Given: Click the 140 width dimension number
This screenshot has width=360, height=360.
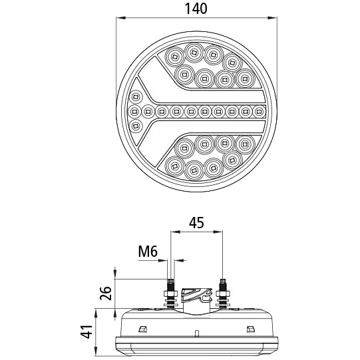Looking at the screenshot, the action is click(196, 9).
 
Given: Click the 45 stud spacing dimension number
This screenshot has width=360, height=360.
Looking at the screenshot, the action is click(196, 223).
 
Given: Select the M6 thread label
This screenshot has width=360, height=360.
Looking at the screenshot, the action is click(148, 251).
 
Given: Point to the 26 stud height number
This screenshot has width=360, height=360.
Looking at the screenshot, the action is click(106, 293).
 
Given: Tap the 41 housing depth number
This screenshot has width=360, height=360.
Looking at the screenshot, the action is click(87, 332).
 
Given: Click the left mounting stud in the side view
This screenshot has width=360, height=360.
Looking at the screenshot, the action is click(170, 293).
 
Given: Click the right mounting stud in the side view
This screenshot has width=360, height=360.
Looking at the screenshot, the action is click(222, 293).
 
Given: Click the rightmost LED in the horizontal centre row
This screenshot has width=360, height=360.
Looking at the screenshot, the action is click(260, 112).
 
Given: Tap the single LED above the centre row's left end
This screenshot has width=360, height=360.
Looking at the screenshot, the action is click(136, 96).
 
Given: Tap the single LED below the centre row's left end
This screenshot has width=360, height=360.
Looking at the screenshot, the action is click(136, 126).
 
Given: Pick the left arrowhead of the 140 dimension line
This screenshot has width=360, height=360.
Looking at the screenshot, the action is click(121, 18).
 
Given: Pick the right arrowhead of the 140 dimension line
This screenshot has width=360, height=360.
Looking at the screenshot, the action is click(272, 18).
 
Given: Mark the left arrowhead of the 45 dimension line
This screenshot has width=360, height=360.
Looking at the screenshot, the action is click(175, 232).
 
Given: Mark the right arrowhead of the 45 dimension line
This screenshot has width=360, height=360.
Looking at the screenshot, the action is click(218, 232).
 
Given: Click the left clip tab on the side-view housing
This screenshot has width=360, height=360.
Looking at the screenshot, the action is click(142, 329).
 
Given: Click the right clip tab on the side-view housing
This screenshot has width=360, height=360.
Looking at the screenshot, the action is click(250, 329).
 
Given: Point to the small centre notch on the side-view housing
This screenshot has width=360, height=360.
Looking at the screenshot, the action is click(196, 333).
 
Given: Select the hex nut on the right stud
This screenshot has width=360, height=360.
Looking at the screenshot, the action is click(223, 293).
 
